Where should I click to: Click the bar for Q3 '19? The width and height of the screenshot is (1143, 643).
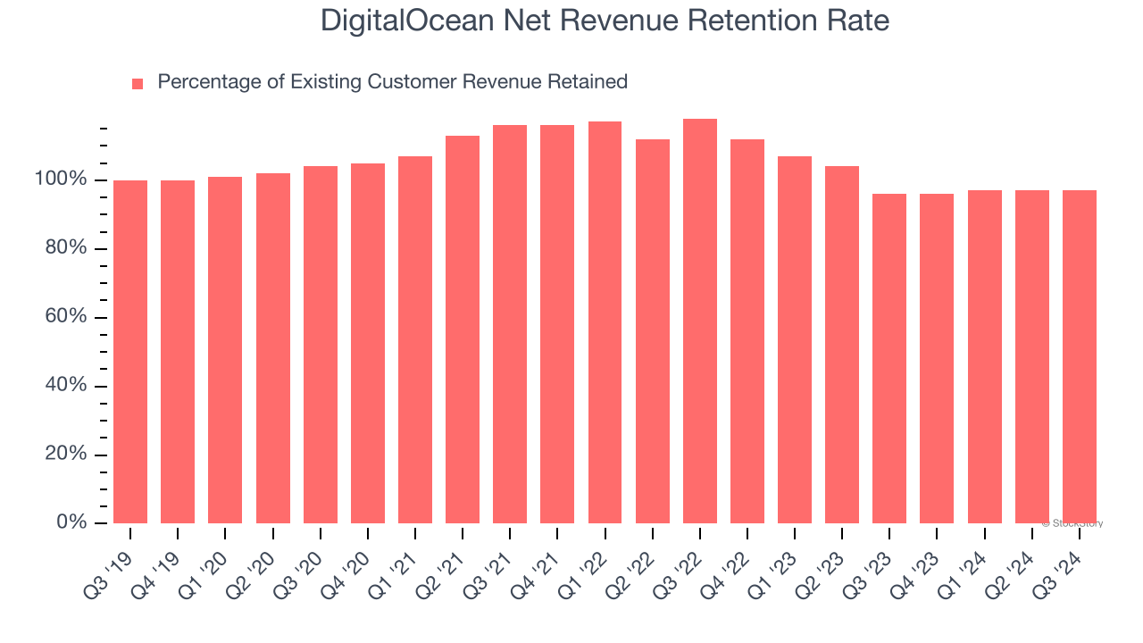coord(130,352)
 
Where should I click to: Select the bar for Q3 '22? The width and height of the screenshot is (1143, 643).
coord(700,321)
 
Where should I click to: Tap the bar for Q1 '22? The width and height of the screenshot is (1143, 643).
coord(605,322)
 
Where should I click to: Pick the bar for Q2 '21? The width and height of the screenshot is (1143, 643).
coord(463,330)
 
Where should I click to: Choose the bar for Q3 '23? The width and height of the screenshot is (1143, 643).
coord(889,358)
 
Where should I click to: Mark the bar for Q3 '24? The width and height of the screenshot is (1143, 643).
coord(1080,356)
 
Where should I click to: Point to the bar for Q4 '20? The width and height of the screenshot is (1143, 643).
coord(368,344)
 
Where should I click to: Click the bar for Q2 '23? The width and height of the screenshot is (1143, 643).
coord(842,345)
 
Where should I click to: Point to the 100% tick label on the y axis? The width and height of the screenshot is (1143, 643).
coord(61,180)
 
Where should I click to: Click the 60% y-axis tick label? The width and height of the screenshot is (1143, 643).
coord(65,317)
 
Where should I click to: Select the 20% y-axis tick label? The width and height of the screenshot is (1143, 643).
coord(65,454)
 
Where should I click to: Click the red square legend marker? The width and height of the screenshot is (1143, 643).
coord(138,84)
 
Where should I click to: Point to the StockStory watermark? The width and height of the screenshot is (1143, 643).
coord(1072,523)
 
